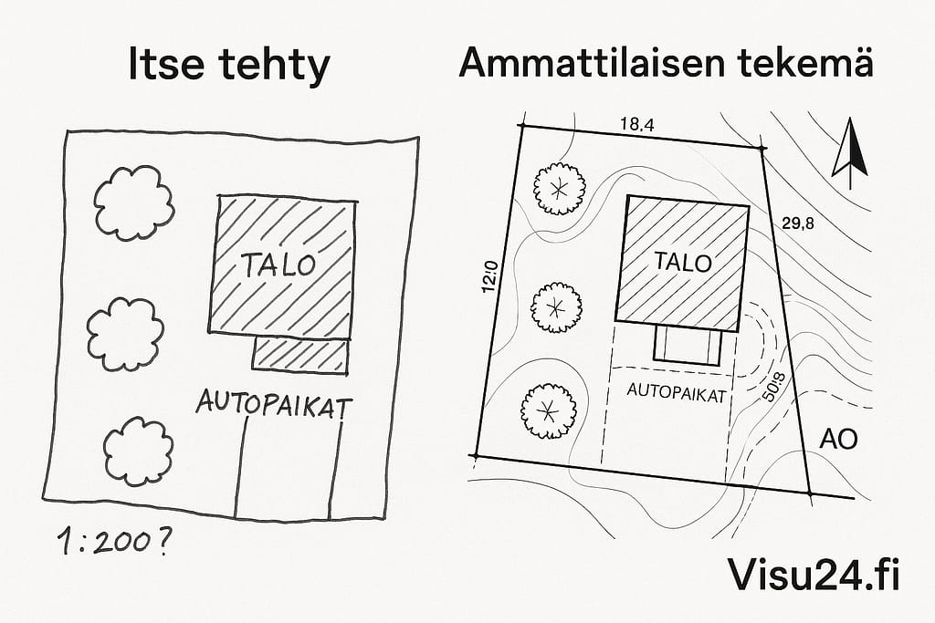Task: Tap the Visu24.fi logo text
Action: pyautogui.click(x=814, y=574)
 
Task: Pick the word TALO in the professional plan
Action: pyautogui.click(x=683, y=263)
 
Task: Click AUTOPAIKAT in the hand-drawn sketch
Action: pyautogui.click(x=274, y=403)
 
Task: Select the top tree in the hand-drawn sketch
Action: pyautogui.click(x=133, y=202)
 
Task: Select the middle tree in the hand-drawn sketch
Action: pyautogui.click(x=125, y=333)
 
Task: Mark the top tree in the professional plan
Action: pyautogui.click(x=558, y=187)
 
